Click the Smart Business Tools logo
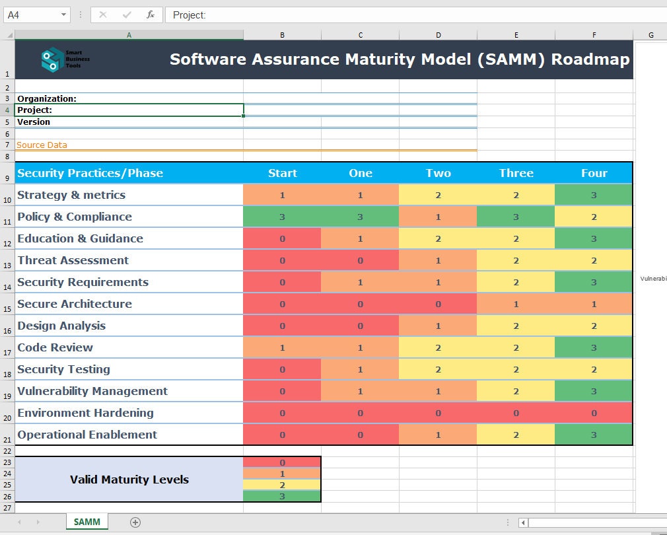tap(65, 59)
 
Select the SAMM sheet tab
tap(87, 522)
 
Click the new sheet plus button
tap(135, 522)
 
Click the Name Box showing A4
tap(36, 15)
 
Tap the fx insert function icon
tap(151, 15)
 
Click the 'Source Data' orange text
tap(42, 145)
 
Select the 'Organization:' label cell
tap(47, 98)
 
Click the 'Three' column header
tap(516, 173)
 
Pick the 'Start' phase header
tap(282, 173)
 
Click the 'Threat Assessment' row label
tap(73, 260)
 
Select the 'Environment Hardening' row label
tap(85, 413)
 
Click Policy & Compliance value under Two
tap(438, 217)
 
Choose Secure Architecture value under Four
tap(594, 304)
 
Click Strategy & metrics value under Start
tap(282, 195)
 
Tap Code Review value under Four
tap(594, 347)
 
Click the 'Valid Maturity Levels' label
tap(129, 480)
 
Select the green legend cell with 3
tap(282, 497)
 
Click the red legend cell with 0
tap(282, 462)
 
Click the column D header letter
tap(438, 35)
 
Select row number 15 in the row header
tap(7, 309)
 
